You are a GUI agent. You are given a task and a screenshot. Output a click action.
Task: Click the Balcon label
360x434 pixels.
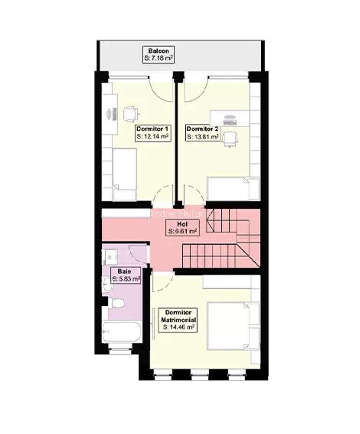pyautogui.click(x=158, y=51)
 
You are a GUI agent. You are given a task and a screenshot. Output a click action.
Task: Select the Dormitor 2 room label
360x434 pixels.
pyautogui.click(x=203, y=129)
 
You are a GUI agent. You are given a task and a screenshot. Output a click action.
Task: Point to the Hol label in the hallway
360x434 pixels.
pyautogui.click(x=182, y=224)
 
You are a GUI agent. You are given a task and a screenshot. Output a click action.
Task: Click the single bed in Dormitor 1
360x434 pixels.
pyautogui.click(x=125, y=175)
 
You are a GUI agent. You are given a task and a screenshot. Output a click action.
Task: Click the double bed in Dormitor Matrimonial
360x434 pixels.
pyautogui.click(x=233, y=325)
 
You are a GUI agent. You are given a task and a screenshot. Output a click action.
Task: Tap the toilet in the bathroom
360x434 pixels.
pyautogui.click(x=116, y=304)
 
